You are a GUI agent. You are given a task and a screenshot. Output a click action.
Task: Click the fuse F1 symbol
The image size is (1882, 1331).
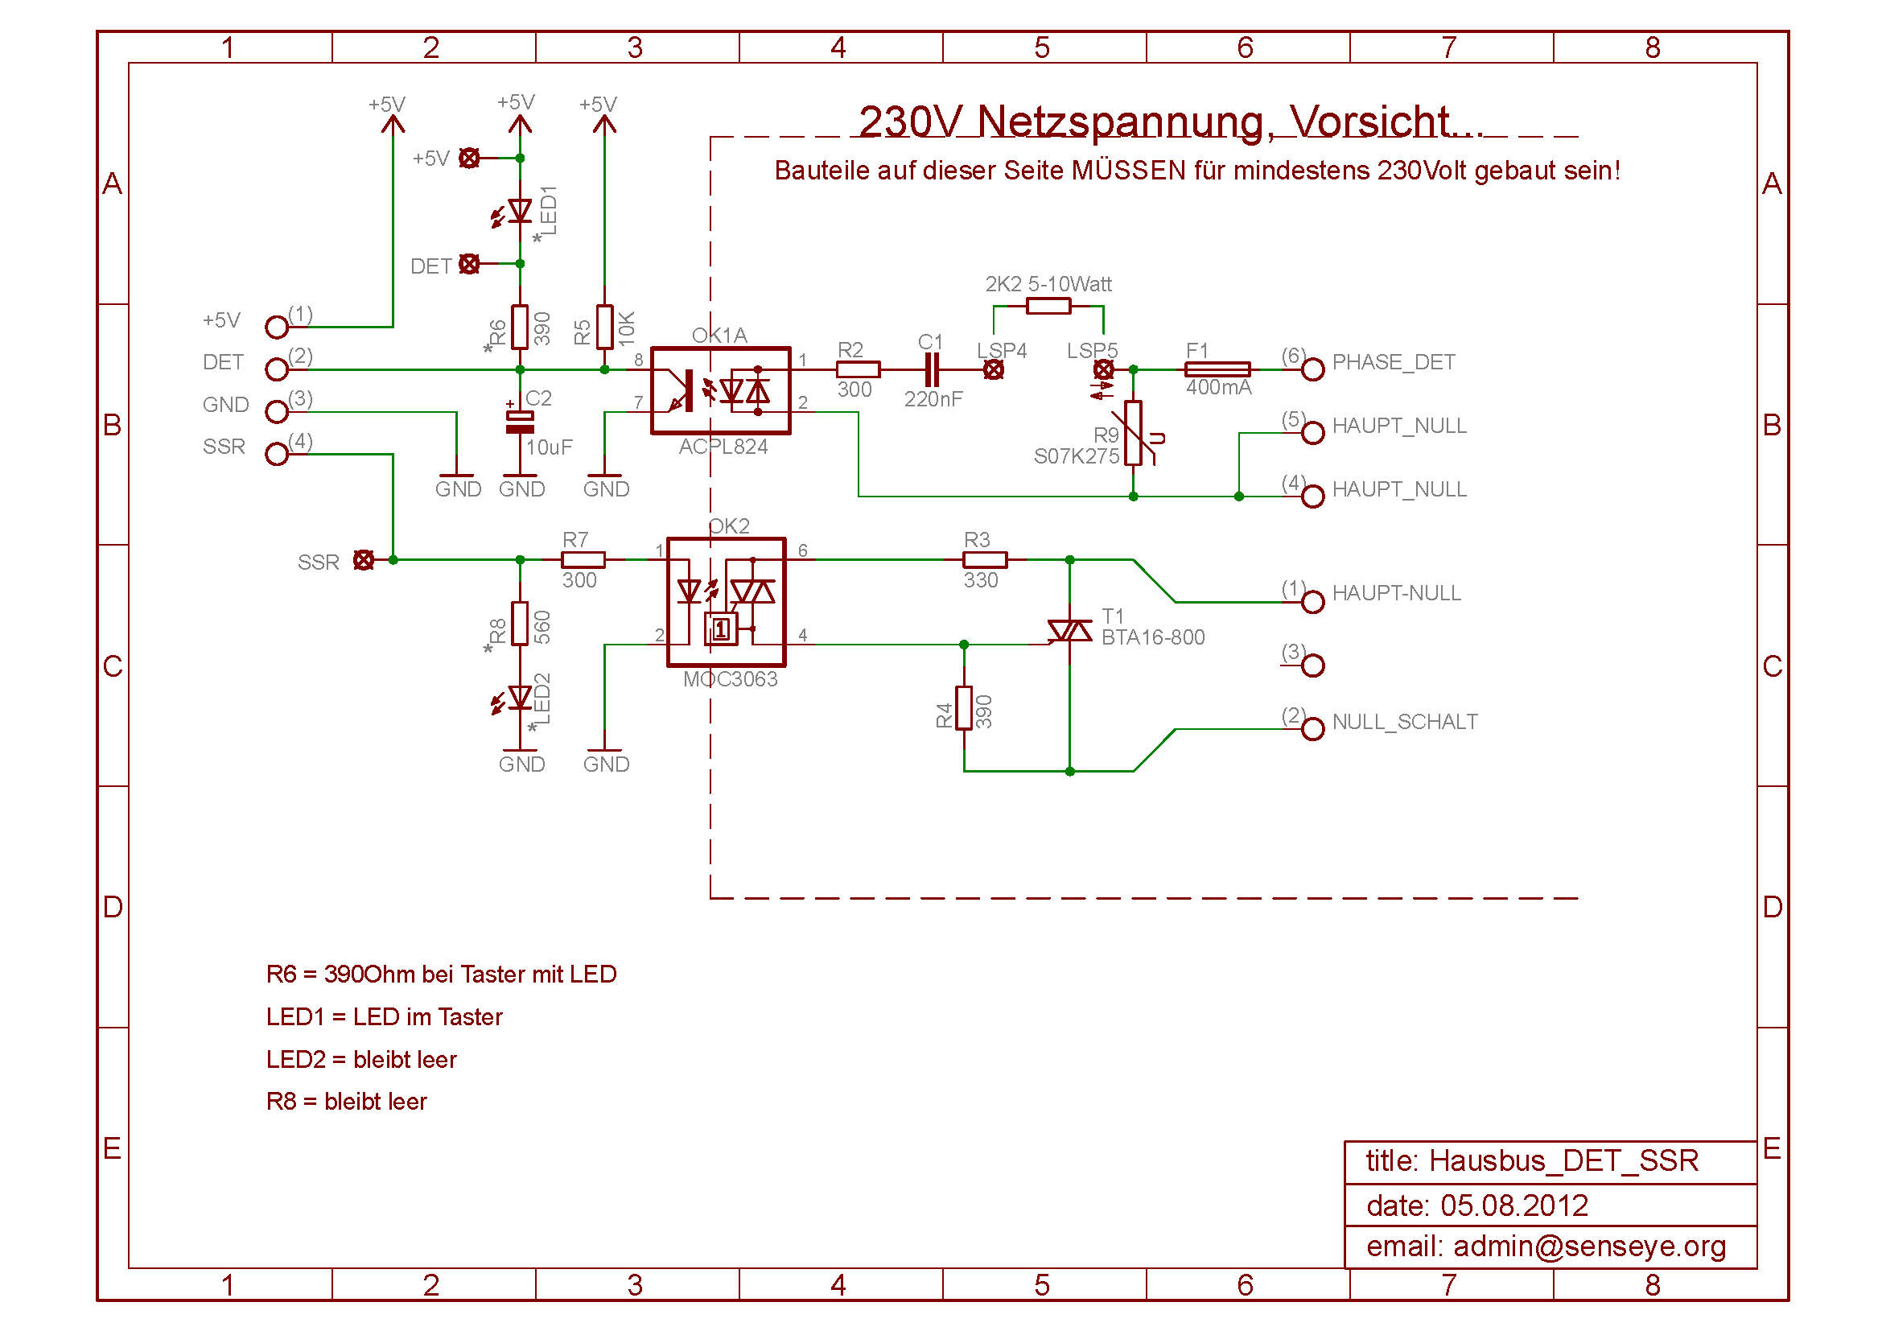1217,369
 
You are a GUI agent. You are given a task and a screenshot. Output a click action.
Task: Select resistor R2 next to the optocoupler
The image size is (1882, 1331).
859,369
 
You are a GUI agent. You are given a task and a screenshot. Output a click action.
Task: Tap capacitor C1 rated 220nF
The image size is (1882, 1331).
932,369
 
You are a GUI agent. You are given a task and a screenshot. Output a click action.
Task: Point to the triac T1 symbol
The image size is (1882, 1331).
1069,632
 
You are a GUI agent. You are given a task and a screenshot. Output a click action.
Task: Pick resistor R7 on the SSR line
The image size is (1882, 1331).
583,560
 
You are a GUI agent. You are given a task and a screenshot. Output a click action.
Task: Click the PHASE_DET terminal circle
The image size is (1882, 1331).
1313,369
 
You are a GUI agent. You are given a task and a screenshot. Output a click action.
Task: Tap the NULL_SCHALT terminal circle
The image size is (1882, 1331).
1313,728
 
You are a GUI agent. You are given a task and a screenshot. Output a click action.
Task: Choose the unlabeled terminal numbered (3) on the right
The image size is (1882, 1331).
1313,665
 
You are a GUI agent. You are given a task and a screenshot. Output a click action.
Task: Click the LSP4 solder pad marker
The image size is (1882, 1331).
994,369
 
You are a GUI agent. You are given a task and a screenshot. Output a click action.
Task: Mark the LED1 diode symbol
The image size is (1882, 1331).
520,212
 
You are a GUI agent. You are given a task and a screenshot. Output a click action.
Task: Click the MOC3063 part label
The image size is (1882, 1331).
731,679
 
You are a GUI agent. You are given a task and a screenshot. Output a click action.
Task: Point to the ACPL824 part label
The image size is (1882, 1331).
723,447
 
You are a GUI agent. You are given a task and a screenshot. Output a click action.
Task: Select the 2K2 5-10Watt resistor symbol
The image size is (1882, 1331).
1048,307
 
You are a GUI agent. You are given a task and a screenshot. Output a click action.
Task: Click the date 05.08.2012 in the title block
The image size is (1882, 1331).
1514,1205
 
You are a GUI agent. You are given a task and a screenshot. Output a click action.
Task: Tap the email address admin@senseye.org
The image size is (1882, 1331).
1589,1247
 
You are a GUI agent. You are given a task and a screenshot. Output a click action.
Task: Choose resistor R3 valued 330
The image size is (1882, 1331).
984,560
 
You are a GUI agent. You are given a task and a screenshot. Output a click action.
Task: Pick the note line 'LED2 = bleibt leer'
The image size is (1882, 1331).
361,1060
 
